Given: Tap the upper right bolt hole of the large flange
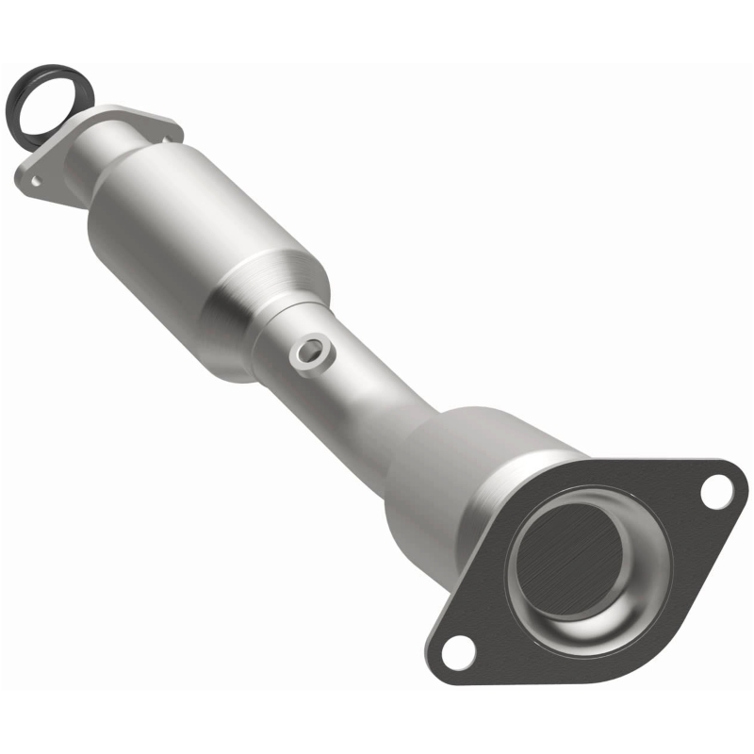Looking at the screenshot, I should pyautogui.click(x=716, y=487).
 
